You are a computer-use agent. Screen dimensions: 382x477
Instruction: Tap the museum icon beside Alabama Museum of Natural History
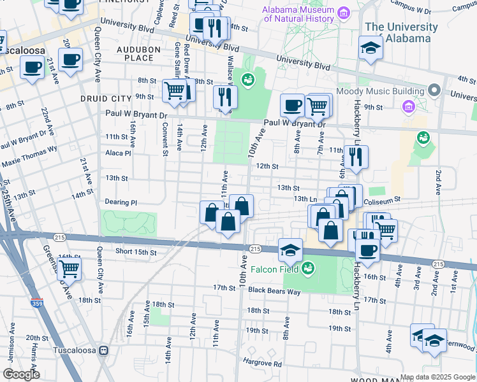tap(344, 13)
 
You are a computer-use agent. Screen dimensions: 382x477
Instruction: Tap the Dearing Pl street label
tap(121, 202)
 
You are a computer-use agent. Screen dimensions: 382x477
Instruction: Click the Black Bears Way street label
tap(274, 291)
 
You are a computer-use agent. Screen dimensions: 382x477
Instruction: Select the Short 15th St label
tap(136, 252)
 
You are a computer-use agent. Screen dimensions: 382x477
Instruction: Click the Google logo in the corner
tap(20, 374)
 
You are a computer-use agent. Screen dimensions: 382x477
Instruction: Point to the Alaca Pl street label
tap(118, 153)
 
